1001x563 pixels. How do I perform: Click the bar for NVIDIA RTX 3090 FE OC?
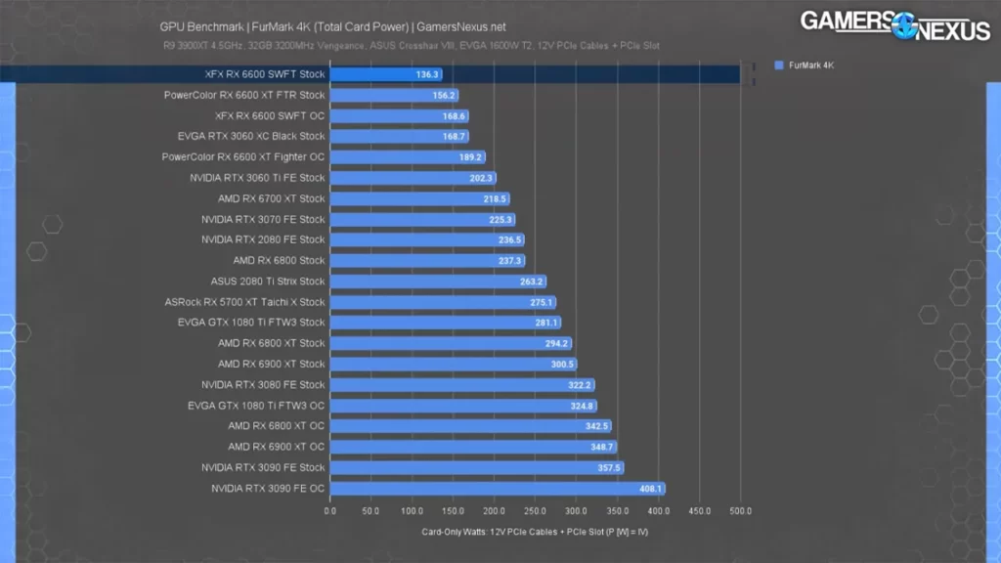pyautogui.click(x=498, y=489)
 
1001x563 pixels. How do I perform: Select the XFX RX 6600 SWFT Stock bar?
pyautogui.click(x=386, y=74)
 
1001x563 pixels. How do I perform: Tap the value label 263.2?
pyautogui.click(x=532, y=281)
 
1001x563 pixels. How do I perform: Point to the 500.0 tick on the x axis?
pyautogui.click(x=740, y=510)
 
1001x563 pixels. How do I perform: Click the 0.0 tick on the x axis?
pyautogui.click(x=330, y=510)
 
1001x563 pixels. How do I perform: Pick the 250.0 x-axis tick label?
pyautogui.click(x=535, y=510)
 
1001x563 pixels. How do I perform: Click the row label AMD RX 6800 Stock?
pyautogui.click(x=279, y=261)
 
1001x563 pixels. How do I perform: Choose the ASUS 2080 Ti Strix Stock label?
pyautogui.click(x=268, y=281)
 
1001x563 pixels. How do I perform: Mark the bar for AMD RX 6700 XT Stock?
pyautogui.click(x=419, y=198)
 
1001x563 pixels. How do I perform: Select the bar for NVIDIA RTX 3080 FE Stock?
pyautogui.click(x=462, y=385)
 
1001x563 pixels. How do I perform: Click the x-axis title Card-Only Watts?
pyautogui.click(x=535, y=532)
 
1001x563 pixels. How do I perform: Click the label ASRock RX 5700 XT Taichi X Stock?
pyautogui.click(x=244, y=302)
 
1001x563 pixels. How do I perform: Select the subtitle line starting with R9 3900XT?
pyautogui.click(x=410, y=45)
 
